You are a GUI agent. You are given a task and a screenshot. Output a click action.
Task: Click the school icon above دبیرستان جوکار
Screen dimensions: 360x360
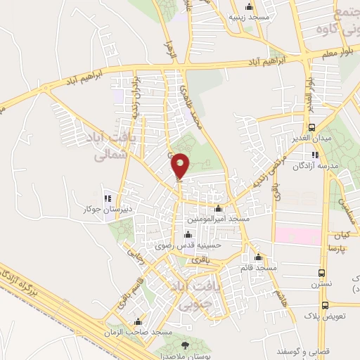pyautogui.click(x=107, y=197)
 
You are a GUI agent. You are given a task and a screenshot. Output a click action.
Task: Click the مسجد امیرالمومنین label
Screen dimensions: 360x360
pyautogui.click(x=217, y=219)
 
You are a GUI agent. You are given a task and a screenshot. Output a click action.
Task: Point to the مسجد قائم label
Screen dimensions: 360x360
pyautogui.click(x=258, y=268)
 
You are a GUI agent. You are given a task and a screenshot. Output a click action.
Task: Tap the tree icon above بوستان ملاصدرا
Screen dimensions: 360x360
pyautogui.click(x=185, y=345)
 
